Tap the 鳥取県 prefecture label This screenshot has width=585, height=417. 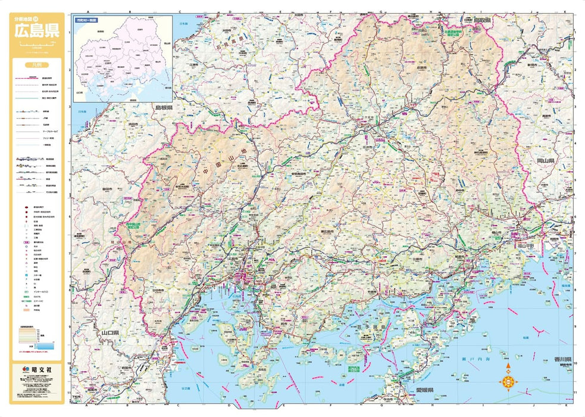481,20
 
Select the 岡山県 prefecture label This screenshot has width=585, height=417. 545,161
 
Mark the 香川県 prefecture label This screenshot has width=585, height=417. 561,360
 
